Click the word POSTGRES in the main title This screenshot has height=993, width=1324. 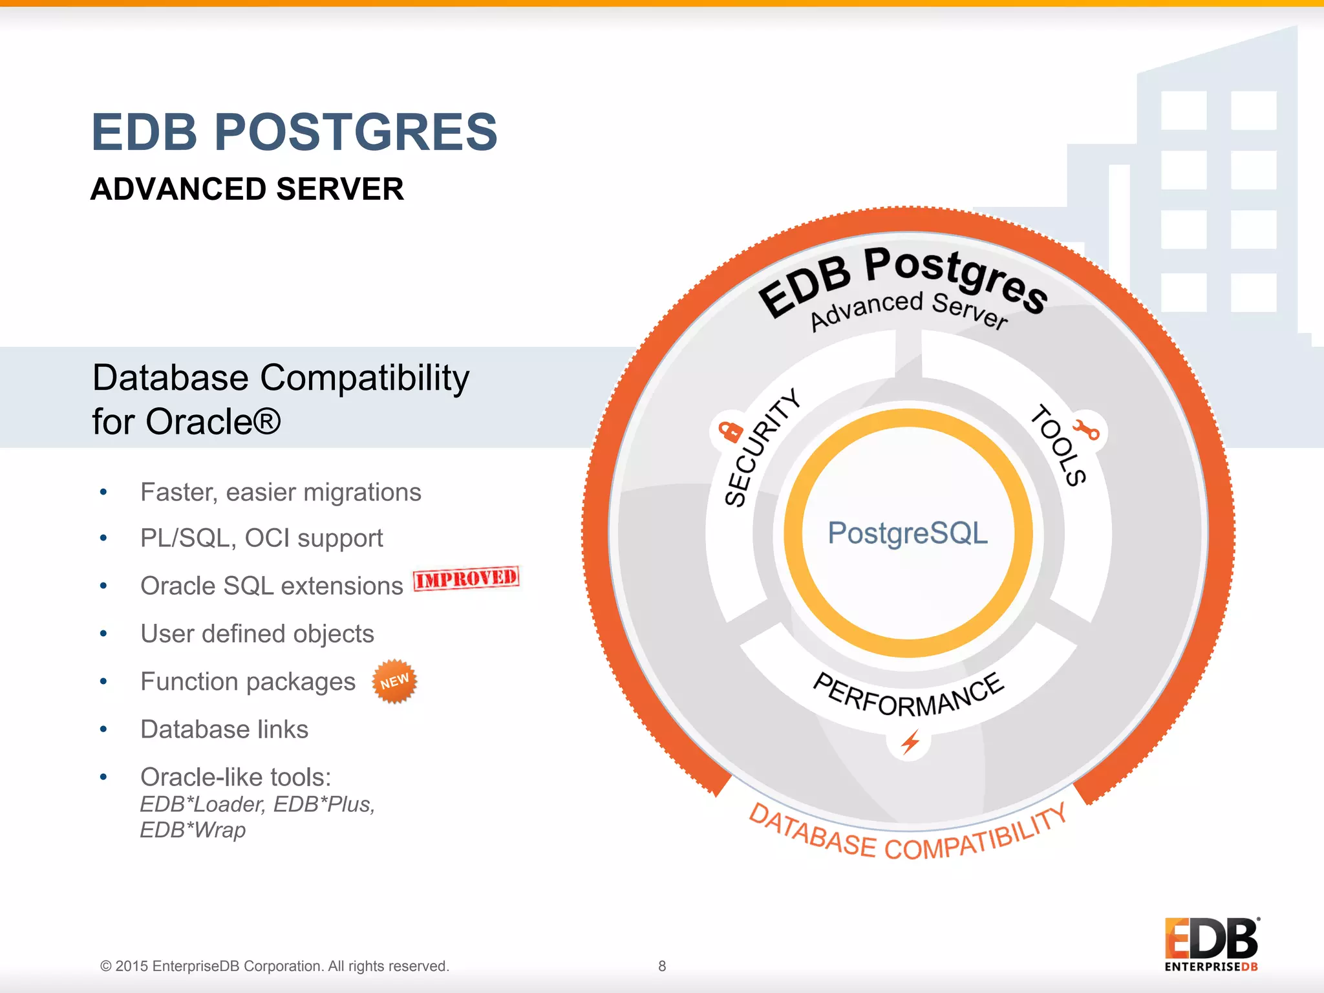356,133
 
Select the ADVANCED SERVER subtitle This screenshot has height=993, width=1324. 247,189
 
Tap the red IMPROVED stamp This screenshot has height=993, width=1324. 466,577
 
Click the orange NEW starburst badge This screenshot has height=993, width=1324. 394,681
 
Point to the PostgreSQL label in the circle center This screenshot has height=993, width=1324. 908,533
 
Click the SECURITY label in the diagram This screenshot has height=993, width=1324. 761,448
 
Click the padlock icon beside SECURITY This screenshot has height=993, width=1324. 731,431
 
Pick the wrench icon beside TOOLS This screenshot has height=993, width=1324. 1086,429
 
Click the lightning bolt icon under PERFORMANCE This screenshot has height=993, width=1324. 910,742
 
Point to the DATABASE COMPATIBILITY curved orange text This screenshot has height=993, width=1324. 908,837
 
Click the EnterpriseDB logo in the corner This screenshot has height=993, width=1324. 1211,944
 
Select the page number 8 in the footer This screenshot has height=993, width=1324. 662,966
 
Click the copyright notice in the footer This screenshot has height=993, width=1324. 274,966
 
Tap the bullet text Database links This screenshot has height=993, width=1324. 224,729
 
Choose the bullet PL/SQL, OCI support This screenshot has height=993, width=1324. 261,538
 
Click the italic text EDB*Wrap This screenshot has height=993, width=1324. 193,830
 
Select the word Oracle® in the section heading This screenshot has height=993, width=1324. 213,422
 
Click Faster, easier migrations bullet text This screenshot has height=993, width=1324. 281,493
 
